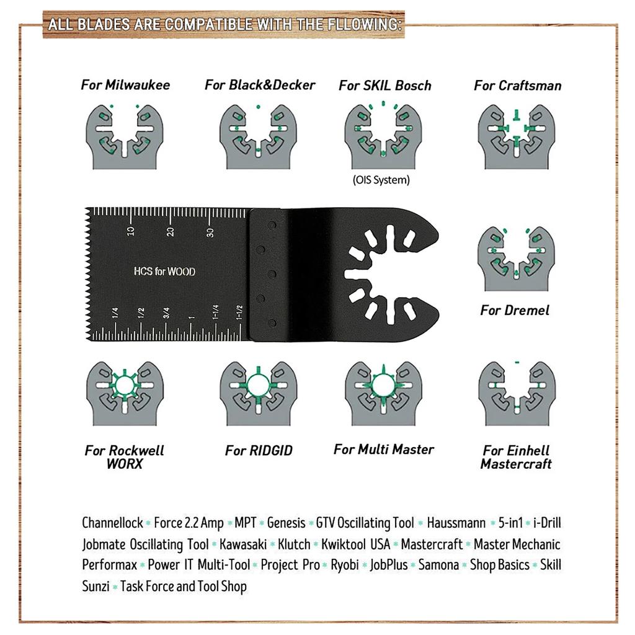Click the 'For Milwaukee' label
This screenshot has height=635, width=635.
pyautogui.click(x=125, y=85)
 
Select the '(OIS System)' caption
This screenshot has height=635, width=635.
pyautogui.click(x=381, y=180)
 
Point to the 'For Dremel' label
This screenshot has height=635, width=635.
pyautogui.click(x=515, y=310)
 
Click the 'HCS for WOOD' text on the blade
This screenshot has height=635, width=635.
pyautogui.click(x=165, y=271)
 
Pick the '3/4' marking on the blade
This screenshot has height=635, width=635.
pyautogui.click(x=166, y=313)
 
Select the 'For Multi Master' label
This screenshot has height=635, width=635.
pyautogui.click(x=383, y=450)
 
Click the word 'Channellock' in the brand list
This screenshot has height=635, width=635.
pyautogui.click(x=112, y=523)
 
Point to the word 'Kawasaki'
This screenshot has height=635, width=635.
pyautogui.click(x=243, y=544)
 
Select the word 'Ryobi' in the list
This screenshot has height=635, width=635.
pyautogui.click(x=345, y=565)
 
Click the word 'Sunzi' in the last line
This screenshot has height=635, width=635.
pyautogui.click(x=95, y=586)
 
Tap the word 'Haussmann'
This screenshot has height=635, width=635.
pyautogui.click(x=456, y=523)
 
